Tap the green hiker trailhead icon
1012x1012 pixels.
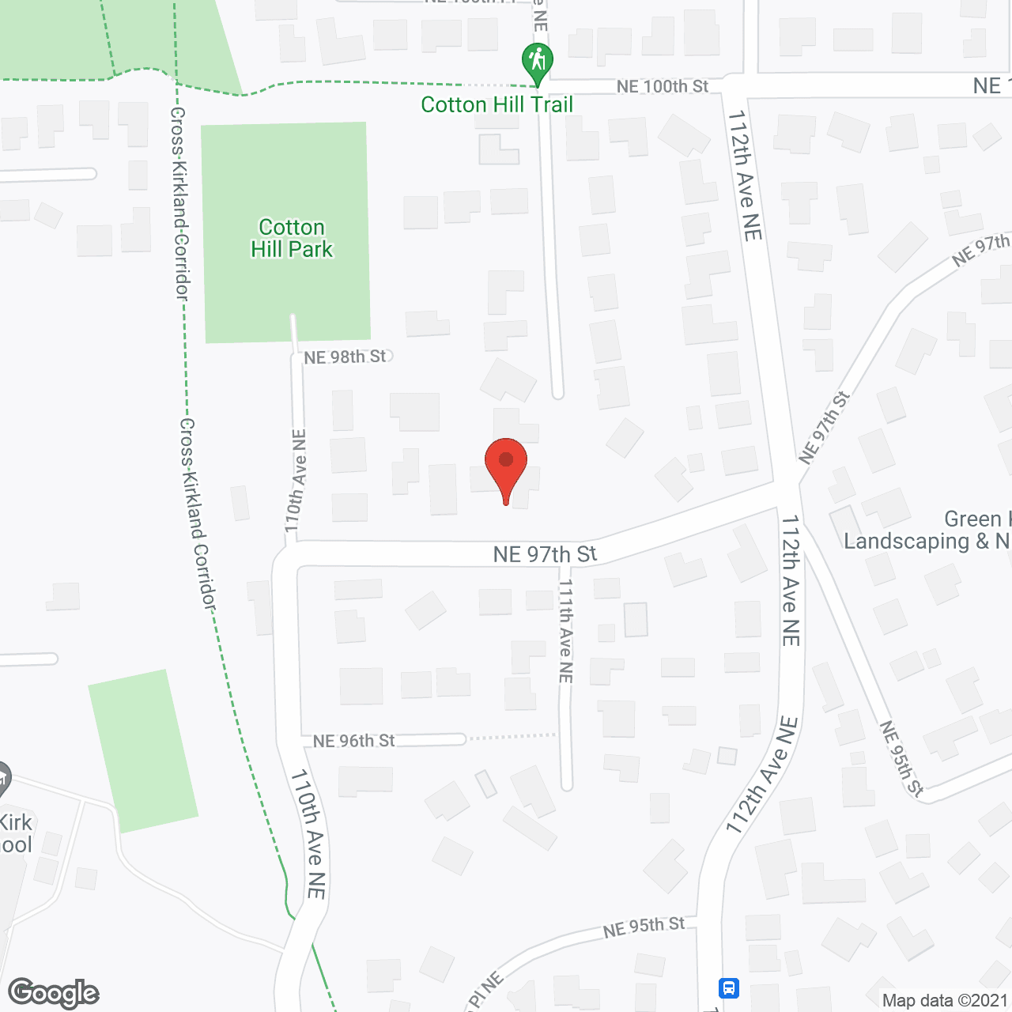pyautogui.click(x=538, y=62)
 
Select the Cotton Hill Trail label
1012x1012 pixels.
pyautogui.click(x=497, y=104)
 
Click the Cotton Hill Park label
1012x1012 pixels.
pyautogui.click(x=292, y=238)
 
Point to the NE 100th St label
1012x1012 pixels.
pyautogui.click(x=663, y=86)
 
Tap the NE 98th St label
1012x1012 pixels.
pyautogui.click(x=345, y=357)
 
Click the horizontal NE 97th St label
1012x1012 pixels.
pyautogui.click(x=545, y=554)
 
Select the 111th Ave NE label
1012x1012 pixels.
pyautogui.click(x=565, y=630)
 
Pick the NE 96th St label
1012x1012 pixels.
pyautogui.click(x=353, y=741)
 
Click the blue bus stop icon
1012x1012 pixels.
pyautogui.click(x=728, y=987)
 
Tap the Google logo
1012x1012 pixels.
pyautogui.click(x=54, y=993)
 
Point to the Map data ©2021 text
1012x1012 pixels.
pyautogui.click(x=945, y=1000)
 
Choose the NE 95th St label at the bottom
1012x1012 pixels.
pyautogui.click(x=644, y=927)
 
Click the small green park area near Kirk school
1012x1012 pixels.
pyautogui.click(x=142, y=750)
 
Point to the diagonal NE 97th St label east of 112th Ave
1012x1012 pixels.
pyautogui.click(x=823, y=427)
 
